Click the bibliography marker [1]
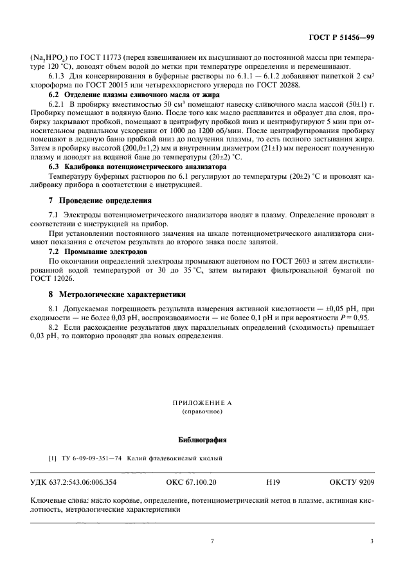coord(52,458)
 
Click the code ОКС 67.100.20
coord(187,482)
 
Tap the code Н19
coord(273,482)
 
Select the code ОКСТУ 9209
coord(351,482)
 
